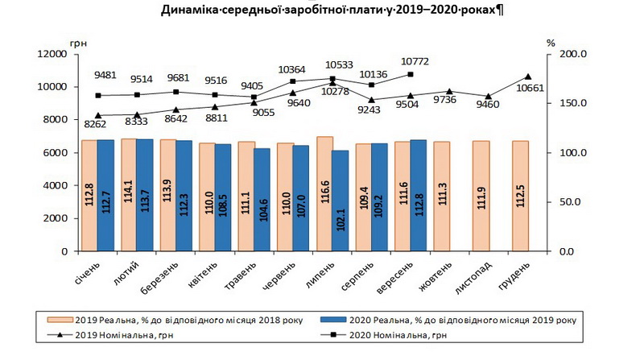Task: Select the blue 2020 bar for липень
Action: tap(341, 201)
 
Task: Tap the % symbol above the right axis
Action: tap(551, 41)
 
